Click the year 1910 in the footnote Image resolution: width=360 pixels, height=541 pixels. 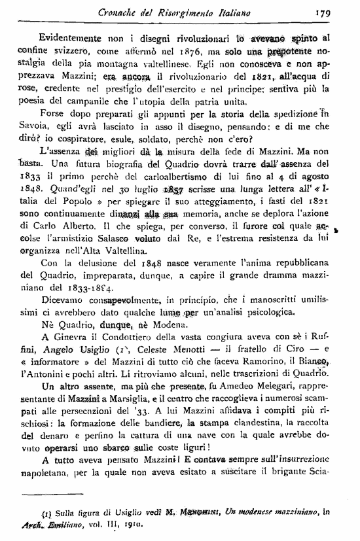(131, 526)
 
